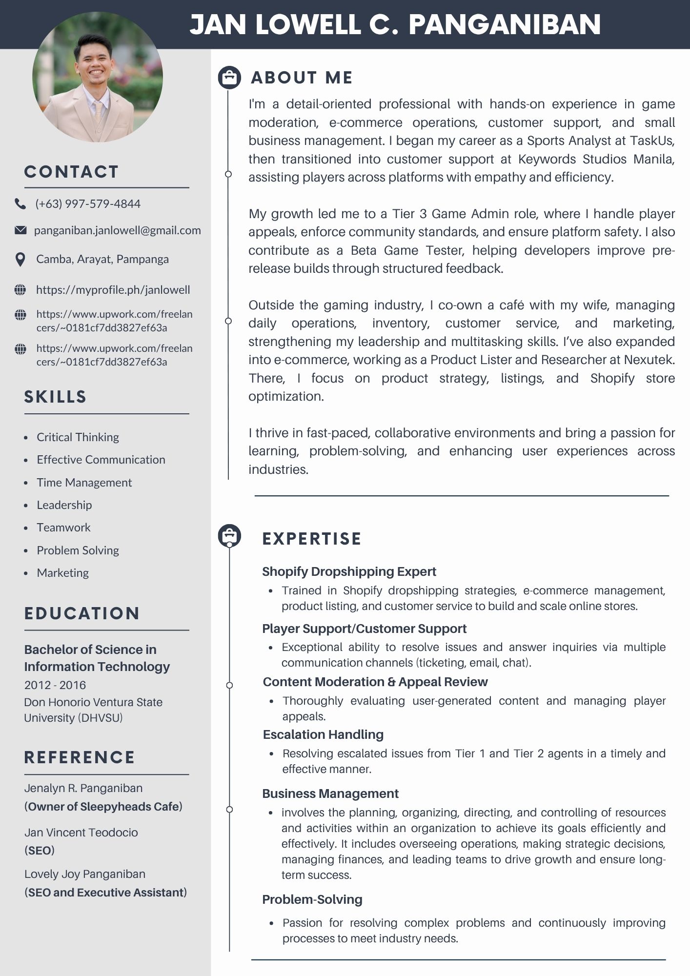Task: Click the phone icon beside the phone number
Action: pyautogui.click(x=20, y=204)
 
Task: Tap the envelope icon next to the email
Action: pyautogui.click(x=20, y=230)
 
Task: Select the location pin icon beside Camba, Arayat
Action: pyautogui.click(x=20, y=260)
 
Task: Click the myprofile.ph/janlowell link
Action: pyautogui.click(x=113, y=290)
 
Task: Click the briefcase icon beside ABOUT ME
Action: pyautogui.click(x=229, y=77)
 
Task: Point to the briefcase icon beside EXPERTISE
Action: pyautogui.click(x=229, y=536)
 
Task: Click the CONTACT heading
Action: pyautogui.click(x=71, y=172)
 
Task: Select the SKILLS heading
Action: pyautogui.click(x=55, y=397)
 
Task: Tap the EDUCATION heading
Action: pyautogui.click(x=82, y=613)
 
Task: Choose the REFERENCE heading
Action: pyautogui.click(x=80, y=757)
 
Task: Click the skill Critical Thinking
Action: pyautogui.click(x=78, y=437)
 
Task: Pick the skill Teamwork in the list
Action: pyautogui.click(x=63, y=528)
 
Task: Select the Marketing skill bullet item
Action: pyautogui.click(x=62, y=573)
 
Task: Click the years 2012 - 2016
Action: pyautogui.click(x=55, y=685)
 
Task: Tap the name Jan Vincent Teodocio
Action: pyautogui.click(x=81, y=833)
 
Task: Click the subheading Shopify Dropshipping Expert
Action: pyautogui.click(x=349, y=571)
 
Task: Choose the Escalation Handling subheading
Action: pyautogui.click(x=323, y=734)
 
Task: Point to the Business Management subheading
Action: pyautogui.click(x=330, y=793)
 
